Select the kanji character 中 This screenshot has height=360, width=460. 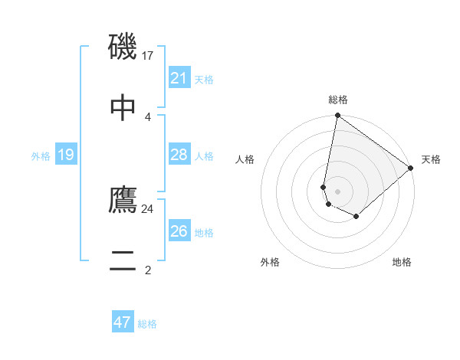pyautogui.click(x=123, y=107)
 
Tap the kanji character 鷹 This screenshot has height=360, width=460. pyautogui.click(x=123, y=200)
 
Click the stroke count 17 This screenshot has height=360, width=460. pyautogui.click(x=149, y=55)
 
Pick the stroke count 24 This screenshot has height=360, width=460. pyautogui.click(x=148, y=208)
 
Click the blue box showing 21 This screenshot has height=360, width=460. pyautogui.click(x=179, y=78)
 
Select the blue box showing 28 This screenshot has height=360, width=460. pyautogui.click(x=179, y=155)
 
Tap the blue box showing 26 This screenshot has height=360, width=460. pyautogui.click(x=179, y=231)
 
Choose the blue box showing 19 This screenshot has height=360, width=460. pyautogui.click(x=66, y=155)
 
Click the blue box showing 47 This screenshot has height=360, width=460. pyautogui.click(x=123, y=322)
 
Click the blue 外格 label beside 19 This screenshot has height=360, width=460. pyautogui.click(x=41, y=156)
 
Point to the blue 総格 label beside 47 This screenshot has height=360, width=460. pyautogui.click(x=148, y=324)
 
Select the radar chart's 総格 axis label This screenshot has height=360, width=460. pyautogui.click(x=338, y=100)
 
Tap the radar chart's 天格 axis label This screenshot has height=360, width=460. pyautogui.click(x=431, y=159)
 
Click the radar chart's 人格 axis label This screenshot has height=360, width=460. pyautogui.click(x=245, y=159)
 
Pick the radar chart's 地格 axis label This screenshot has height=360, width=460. pyautogui.click(x=402, y=262)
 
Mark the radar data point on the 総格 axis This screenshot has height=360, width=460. pyautogui.click(x=337, y=116)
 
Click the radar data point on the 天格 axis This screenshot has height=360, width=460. pyautogui.click(x=411, y=168)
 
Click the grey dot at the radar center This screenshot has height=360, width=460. pyautogui.click(x=338, y=191)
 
